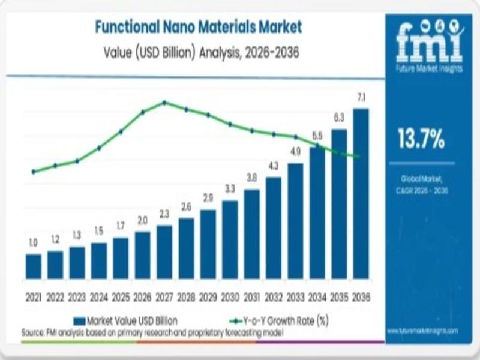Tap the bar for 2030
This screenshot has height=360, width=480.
[230, 239]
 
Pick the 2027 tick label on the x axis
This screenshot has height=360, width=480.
[164, 297]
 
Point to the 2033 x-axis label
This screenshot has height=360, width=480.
[295, 297]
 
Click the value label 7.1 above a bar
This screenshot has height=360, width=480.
[361, 97]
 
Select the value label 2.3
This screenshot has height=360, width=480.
[164, 214]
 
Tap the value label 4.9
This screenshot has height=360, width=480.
[295, 152]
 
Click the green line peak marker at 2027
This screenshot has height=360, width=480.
[164, 103]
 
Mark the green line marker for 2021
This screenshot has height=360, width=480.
[34, 172]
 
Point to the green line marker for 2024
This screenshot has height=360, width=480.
[99, 148]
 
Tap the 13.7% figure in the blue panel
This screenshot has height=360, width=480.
[421, 139]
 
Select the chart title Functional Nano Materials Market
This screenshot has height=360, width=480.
[198, 26]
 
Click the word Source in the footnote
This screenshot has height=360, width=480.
[34, 332]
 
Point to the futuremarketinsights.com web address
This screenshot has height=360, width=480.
[422, 331]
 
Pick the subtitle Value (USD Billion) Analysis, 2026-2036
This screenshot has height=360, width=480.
[198, 53]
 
